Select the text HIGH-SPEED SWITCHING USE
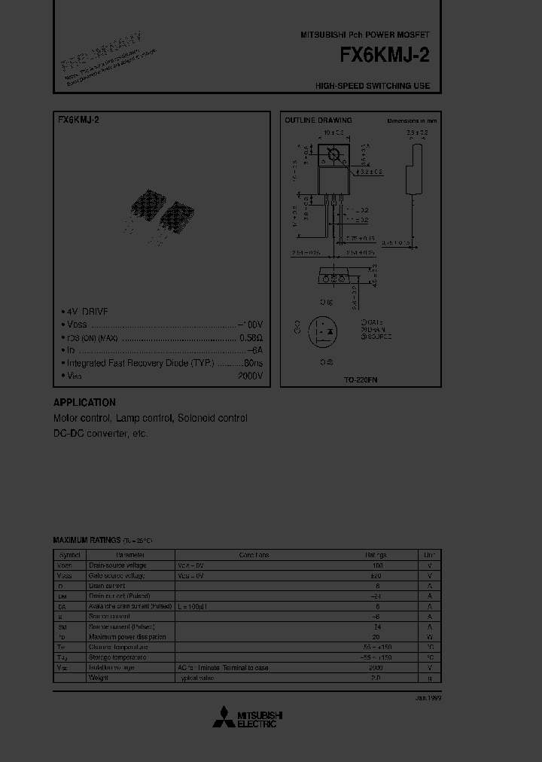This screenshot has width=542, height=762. [x=373, y=86]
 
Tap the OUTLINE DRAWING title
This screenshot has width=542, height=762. [x=318, y=120]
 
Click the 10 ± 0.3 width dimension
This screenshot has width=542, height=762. [x=333, y=133]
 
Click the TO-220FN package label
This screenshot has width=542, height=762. [x=360, y=380]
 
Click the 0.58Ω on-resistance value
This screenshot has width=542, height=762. [x=251, y=337]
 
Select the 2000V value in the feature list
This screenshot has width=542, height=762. [x=250, y=375]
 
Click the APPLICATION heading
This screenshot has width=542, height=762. [x=84, y=403]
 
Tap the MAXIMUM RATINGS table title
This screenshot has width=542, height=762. [x=87, y=541]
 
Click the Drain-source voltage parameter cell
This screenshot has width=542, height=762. [x=117, y=565]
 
